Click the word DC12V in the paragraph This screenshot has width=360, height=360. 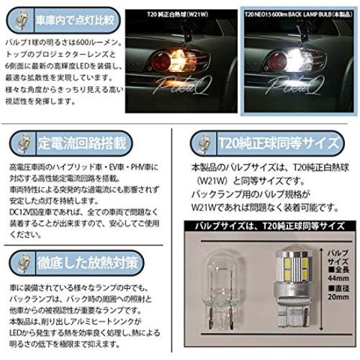point(23,211)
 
